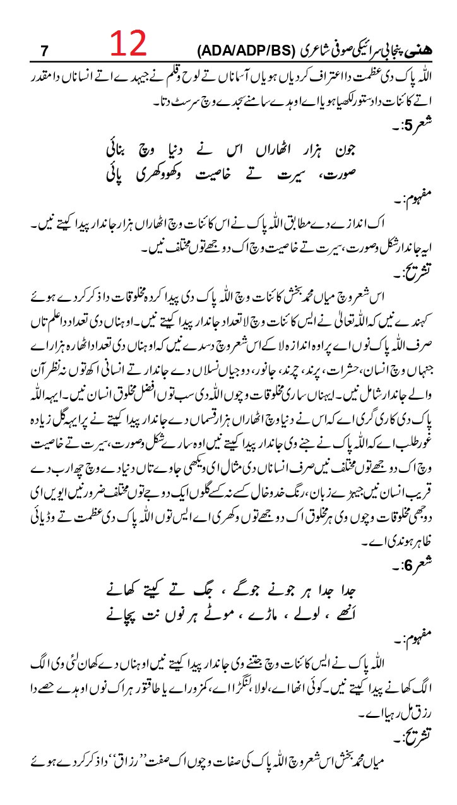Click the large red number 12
tap(129, 44)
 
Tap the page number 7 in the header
tap(44, 51)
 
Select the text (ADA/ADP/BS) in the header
tap(238, 51)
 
